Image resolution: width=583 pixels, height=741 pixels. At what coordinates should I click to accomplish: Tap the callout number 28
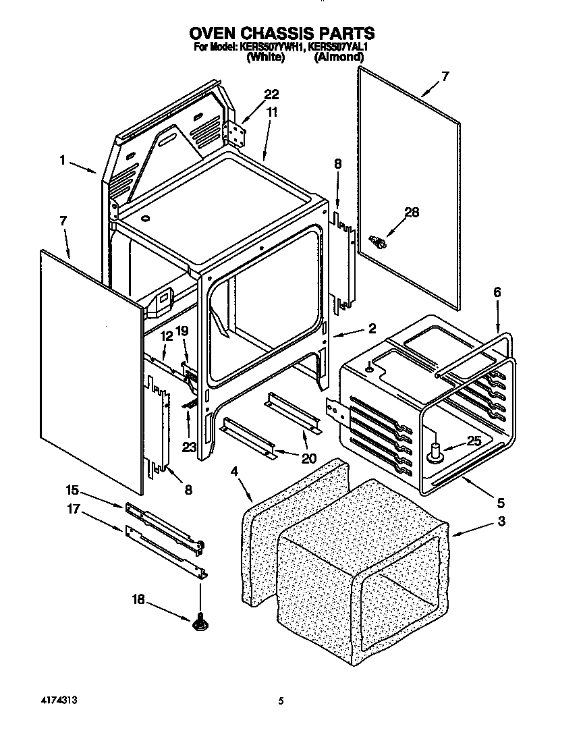click(411, 213)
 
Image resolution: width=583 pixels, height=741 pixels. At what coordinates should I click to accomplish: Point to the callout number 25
click(475, 441)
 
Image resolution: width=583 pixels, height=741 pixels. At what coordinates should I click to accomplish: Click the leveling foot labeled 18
click(200, 624)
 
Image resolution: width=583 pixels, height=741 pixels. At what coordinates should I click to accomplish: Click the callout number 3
click(501, 521)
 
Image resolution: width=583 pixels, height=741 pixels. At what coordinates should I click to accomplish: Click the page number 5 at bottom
click(280, 702)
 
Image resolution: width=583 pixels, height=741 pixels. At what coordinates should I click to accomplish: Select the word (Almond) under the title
click(339, 58)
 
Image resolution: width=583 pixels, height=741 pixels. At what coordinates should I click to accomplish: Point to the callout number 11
click(271, 113)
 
